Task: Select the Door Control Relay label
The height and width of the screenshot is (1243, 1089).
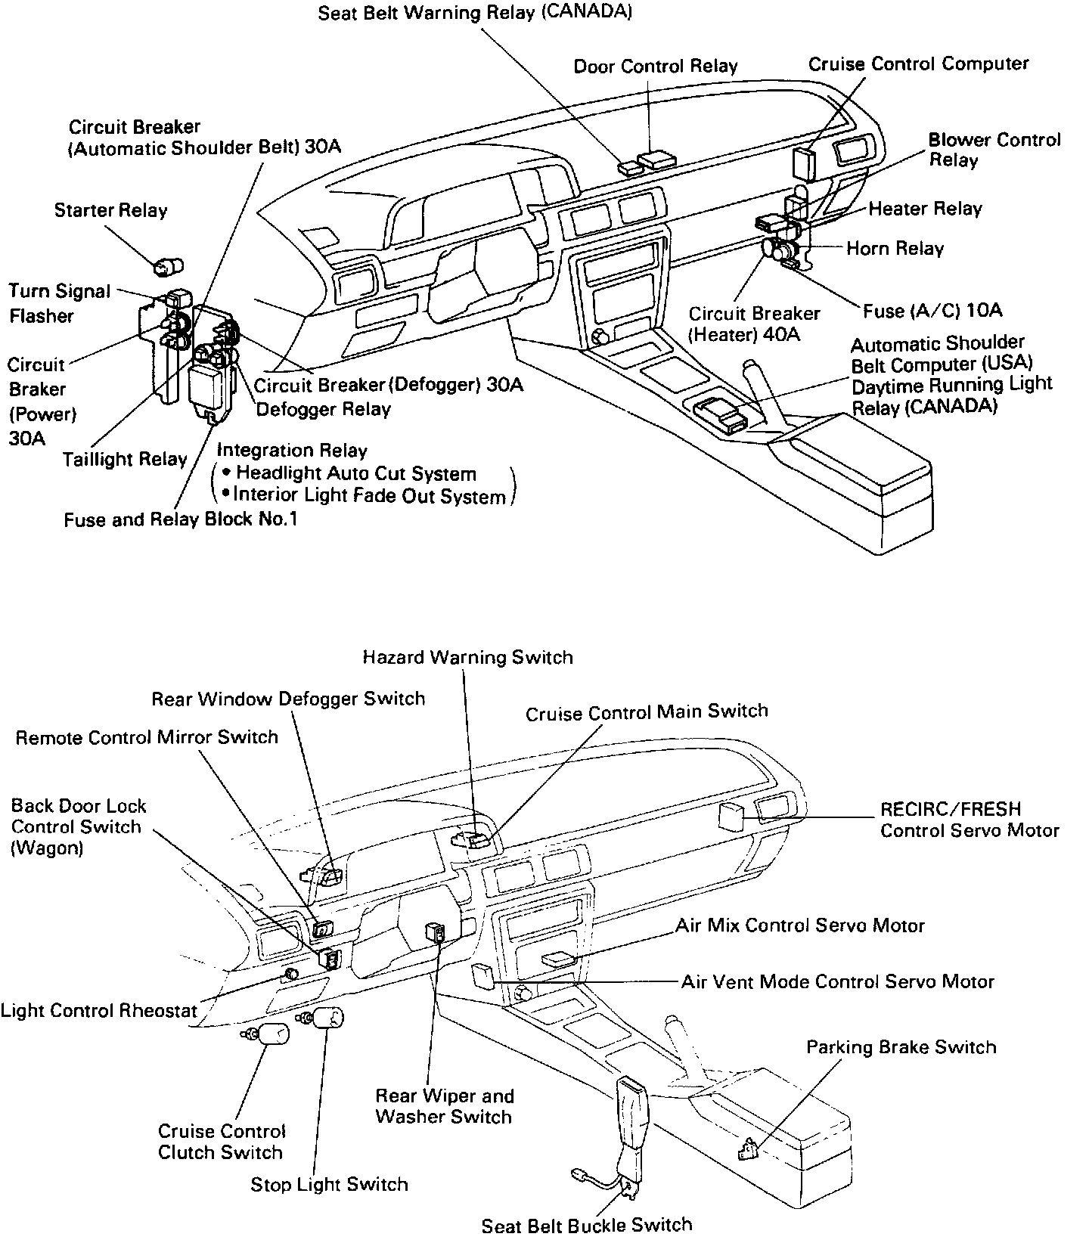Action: [x=655, y=67]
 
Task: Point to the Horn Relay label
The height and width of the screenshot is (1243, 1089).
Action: [x=895, y=249]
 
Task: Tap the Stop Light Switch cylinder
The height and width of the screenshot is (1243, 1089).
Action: [x=327, y=1018]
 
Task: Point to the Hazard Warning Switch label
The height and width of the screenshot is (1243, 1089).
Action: [x=467, y=657]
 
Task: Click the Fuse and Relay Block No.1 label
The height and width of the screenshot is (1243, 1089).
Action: [x=180, y=520]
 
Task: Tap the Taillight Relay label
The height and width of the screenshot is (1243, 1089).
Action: [x=125, y=459]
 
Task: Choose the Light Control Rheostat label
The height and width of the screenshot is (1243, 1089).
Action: [x=99, y=1011]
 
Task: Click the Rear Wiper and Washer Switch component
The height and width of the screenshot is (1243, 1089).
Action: [x=436, y=933]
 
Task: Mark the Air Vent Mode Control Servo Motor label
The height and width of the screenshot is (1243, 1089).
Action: [x=838, y=981]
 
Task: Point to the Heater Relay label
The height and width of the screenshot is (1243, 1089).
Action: [x=925, y=209]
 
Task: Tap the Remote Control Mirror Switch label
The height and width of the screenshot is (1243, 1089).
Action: [x=147, y=737]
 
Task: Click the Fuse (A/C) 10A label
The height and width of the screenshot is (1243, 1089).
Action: [x=932, y=310]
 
